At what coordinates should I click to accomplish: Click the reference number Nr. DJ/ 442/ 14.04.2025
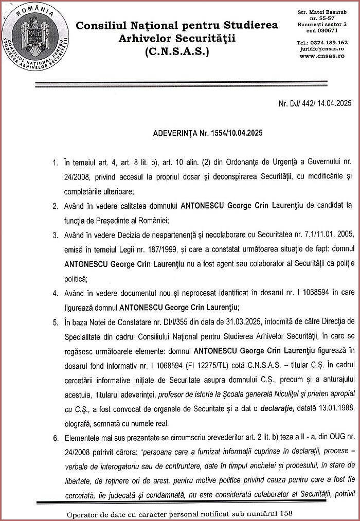pyautogui.click(x=315, y=103)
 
